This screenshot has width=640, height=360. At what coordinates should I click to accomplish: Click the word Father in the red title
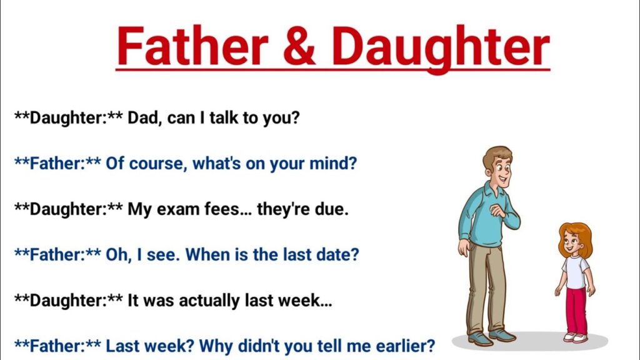pyautogui.click(x=192, y=46)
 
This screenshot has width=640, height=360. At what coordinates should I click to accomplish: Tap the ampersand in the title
pyautogui.click(x=299, y=46)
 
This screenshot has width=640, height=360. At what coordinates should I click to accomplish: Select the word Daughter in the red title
pyautogui.click(x=441, y=49)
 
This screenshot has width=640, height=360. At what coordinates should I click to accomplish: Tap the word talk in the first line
pyautogui.click(x=224, y=117)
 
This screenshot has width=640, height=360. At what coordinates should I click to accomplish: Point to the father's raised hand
pyautogui.click(x=498, y=211)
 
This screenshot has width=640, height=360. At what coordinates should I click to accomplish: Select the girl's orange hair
pyautogui.click(x=576, y=237)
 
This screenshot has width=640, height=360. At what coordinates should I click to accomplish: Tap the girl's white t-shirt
pyautogui.click(x=576, y=272)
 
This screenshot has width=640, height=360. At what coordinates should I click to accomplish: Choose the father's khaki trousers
pyautogui.click(x=486, y=286)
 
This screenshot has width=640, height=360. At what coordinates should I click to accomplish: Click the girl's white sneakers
pyautogui.click(x=576, y=337)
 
